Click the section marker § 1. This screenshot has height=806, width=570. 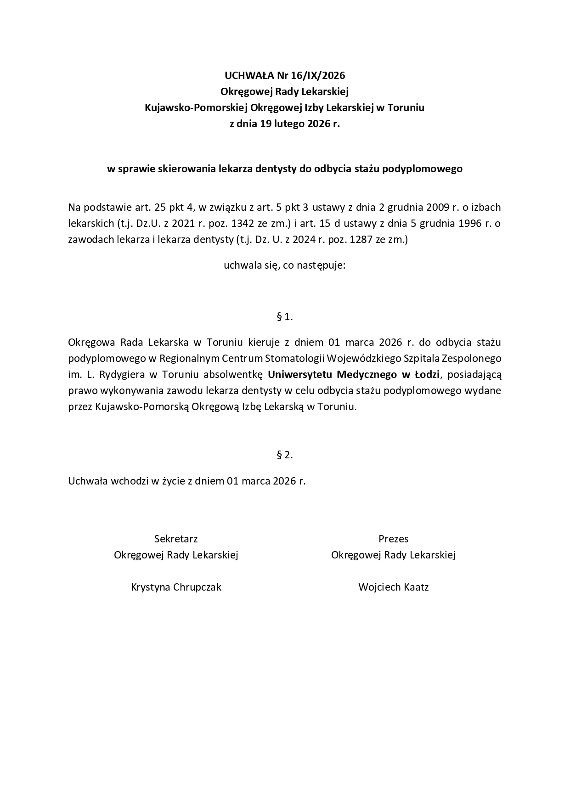click(x=285, y=316)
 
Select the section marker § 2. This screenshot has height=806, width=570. click(x=285, y=455)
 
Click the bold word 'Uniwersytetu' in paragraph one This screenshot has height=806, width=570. click(x=300, y=374)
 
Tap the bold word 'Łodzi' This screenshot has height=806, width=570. click(x=427, y=374)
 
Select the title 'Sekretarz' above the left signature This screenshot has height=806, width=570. click(x=176, y=539)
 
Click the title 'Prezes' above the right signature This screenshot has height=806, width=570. click(x=393, y=539)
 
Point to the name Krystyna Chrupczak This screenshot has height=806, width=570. click(x=176, y=587)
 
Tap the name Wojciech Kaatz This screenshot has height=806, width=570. click(x=393, y=587)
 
